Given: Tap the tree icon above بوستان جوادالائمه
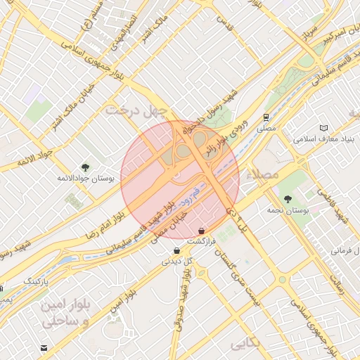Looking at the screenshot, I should coord(86,167).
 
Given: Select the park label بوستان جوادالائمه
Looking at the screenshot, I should coord(87,179).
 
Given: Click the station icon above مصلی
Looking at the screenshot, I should coord(266,118).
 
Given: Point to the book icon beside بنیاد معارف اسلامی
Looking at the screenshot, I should coord(323,128).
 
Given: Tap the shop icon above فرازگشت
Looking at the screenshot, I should coord(202,230).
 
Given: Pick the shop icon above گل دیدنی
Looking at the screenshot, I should coord(176,250).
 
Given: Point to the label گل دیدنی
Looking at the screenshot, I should coord(177,261).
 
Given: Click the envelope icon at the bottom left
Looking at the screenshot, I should coord(45,347).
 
